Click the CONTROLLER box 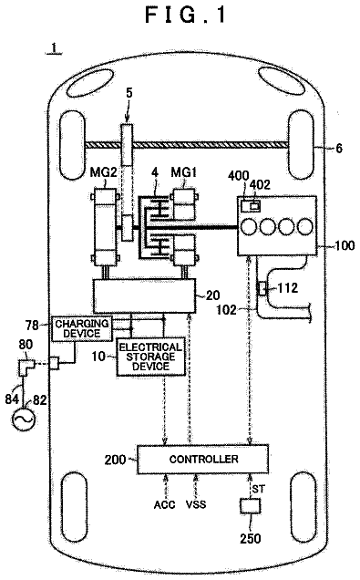point(202,459)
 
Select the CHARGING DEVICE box point(82,328)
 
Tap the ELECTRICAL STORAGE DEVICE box point(150,357)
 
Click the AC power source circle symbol point(24,419)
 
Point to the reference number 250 point(251,538)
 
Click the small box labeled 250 point(251,506)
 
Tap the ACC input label point(164,504)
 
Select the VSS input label point(196,504)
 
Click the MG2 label point(103,172)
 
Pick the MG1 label point(184,172)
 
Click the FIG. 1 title point(186,16)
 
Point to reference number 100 point(345,245)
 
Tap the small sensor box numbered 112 point(262,288)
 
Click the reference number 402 point(261,184)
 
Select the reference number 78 point(32,326)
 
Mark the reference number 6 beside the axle point(339,149)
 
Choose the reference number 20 point(212,295)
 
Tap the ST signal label point(258,489)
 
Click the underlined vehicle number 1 point(55,48)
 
